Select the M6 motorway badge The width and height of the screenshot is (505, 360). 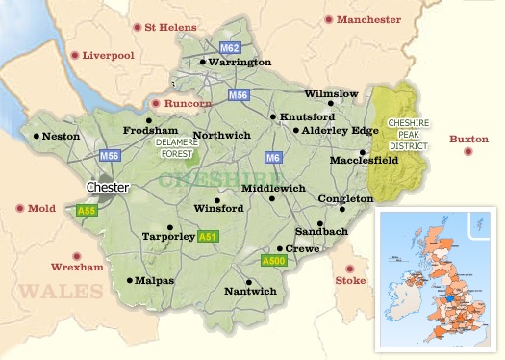pyautogui.click(x=273, y=158)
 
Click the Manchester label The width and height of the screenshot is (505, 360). pyautogui.click(x=368, y=19)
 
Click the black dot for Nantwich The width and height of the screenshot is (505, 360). pyautogui.click(x=249, y=282)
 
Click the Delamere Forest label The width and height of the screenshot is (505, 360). pyautogui.click(x=176, y=145)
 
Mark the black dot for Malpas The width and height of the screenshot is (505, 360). pyautogui.click(x=129, y=281)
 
